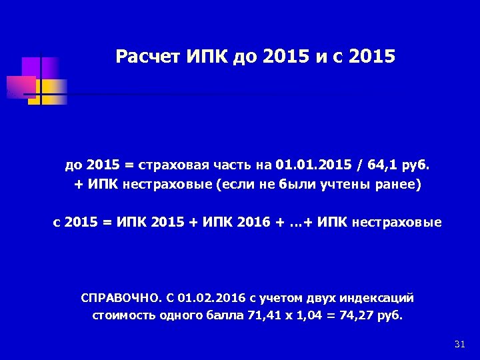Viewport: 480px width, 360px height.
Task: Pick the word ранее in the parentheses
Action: point(399,185)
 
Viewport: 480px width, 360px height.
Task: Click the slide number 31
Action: point(459,344)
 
